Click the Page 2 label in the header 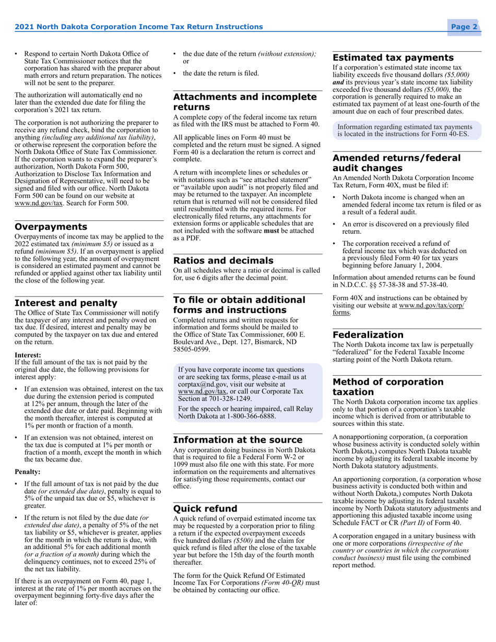click(464, 27)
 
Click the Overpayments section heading click(51, 227)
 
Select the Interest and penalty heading click(66, 303)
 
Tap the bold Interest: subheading click(28, 354)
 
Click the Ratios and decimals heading click(223, 260)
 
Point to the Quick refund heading click(205, 508)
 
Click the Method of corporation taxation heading click(388, 387)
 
